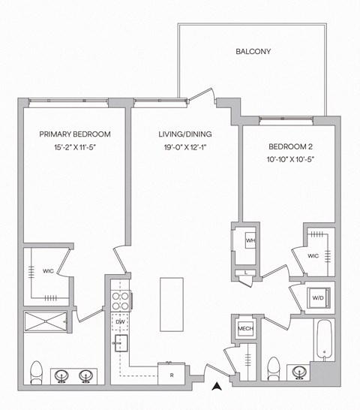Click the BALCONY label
253,52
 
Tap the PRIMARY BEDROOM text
75,134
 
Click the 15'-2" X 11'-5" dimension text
75,147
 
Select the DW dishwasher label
120,322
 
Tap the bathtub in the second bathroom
322,342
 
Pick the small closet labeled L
247,273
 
